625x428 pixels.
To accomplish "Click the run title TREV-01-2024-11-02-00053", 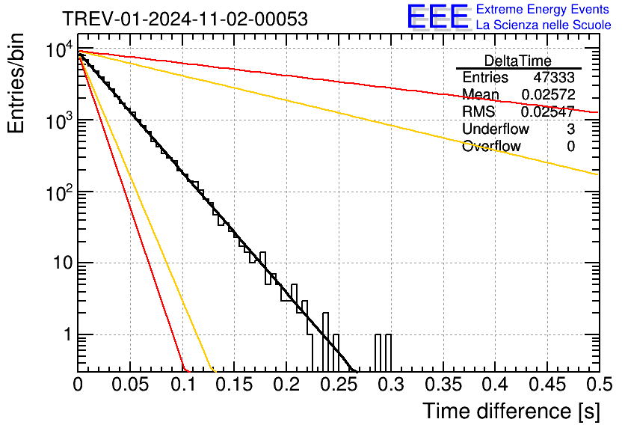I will [x=185, y=19].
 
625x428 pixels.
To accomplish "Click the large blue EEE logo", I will [x=438, y=17].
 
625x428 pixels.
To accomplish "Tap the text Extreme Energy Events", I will [x=544, y=10].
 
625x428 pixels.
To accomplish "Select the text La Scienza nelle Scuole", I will [x=544, y=25].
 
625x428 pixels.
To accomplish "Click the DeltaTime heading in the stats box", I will [x=518, y=61].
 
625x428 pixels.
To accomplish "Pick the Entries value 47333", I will [x=554, y=78].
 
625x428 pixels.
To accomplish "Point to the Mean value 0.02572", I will [x=548, y=95].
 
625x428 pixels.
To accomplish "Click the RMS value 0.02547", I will [x=548, y=112].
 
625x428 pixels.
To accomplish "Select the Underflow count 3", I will [x=570, y=129].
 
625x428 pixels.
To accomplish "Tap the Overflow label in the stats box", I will [x=491, y=147].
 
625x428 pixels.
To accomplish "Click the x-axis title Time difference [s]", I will [x=511, y=411].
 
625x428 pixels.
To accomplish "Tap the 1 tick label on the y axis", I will [x=66, y=334].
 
